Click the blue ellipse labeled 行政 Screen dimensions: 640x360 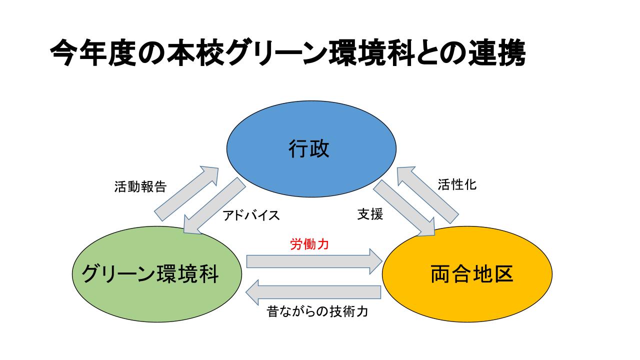311,149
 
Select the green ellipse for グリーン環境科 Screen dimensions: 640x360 157,274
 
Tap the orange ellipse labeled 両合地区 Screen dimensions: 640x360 467,274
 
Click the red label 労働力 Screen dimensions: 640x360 309,244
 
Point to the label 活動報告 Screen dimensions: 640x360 140,187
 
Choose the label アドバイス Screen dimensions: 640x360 251,215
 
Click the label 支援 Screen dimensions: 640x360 370,214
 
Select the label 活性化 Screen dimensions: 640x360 457,184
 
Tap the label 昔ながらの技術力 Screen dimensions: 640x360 317,311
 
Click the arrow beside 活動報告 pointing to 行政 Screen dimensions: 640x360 186,193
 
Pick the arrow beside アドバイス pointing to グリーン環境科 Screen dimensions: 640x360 214,205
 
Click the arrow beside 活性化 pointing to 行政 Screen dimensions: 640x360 427,195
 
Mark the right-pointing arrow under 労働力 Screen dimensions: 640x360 314,261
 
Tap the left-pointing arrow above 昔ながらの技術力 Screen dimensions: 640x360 313,292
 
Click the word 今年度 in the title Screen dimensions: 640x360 93,53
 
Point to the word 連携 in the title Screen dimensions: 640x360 496,53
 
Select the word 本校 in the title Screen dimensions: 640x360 195,53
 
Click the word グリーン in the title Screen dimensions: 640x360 276,53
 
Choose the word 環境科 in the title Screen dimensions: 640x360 371,53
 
